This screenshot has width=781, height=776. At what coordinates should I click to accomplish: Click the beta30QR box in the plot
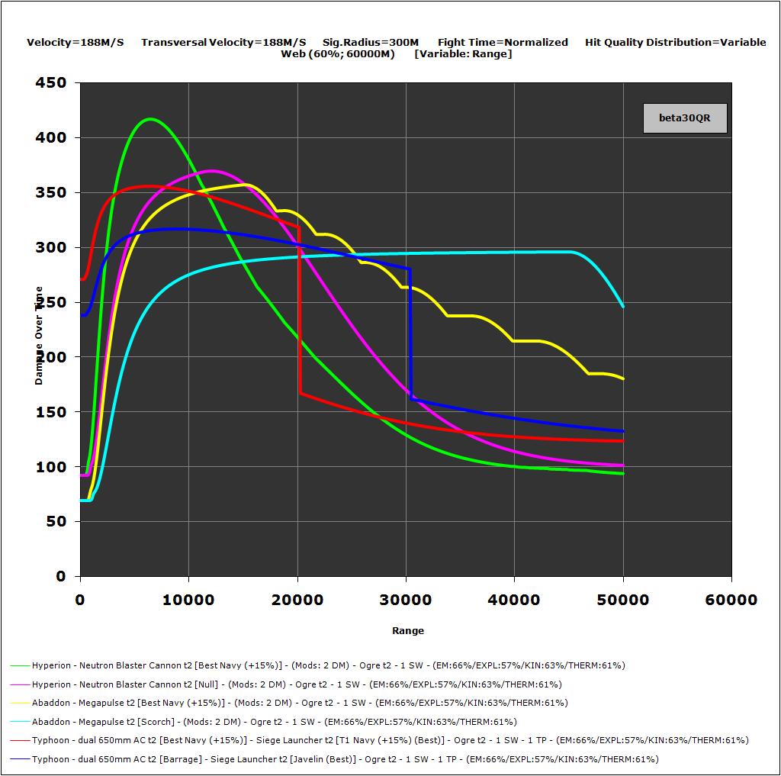coord(684,118)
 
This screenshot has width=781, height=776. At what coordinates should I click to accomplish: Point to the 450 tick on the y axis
coord(51,83)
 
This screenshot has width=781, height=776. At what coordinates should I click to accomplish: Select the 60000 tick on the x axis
coord(731,600)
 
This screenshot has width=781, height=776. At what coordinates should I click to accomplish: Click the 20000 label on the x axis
coord(297,600)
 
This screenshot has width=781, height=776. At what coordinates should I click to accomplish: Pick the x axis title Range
coord(407,631)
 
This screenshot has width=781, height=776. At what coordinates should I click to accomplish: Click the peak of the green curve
coord(149,119)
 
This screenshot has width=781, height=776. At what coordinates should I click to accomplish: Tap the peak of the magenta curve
coord(211,171)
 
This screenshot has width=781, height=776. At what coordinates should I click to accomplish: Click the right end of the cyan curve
coord(623,306)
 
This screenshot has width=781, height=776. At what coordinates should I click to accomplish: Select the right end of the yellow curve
coord(623,378)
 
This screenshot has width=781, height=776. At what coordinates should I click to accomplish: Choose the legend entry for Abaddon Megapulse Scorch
coord(275,722)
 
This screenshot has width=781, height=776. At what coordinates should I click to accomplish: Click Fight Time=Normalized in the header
coord(503,43)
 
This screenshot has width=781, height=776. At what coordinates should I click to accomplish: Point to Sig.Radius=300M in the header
coord(371,43)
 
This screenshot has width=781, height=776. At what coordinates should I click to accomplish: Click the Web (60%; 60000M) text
coord(338,54)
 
